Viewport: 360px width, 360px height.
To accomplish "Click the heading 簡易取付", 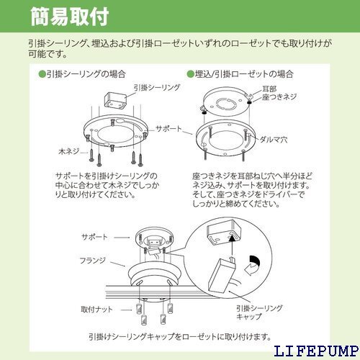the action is pyautogui.click(x=70, y=17).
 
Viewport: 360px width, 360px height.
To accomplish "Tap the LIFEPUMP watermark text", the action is pyautogui.click(x=316, y=351).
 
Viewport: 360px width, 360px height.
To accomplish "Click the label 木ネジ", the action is pyautogui.click(x=69, y=151).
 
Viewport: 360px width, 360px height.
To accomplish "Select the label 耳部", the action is pyautogui.click(x=269, y=89).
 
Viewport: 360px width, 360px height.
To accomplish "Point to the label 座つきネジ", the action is pyautogui.click(x=279, y=97).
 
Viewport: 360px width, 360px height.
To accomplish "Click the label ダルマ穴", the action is pyautogui.click(x=274, y=140).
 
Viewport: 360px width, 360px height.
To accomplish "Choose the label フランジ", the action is pyautogui.click(x=93, y=261).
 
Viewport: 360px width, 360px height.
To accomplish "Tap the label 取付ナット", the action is pyautogui.click(x=96, y=309).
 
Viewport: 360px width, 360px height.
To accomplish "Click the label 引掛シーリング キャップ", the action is pyautogui.click(x=259, y=312).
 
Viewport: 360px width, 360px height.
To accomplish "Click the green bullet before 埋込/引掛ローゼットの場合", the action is pyautogui.click(x=190, y=74).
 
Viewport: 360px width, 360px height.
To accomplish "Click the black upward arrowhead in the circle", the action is pyautogui.click(x=232, y=238).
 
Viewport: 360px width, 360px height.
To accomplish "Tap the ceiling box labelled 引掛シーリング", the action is pyautogui.click(x=115, y=101).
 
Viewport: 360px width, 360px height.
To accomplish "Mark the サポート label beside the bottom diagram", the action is pyautogui.click(x=94, y=237).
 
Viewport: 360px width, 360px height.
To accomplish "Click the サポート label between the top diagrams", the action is pyautogui.click(x=169, y=129).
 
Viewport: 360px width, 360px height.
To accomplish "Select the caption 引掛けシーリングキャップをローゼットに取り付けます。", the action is pyautogui.click(x=180, y=336).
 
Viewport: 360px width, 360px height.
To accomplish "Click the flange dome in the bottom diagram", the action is pyautogui.click(x=153, y=274).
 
